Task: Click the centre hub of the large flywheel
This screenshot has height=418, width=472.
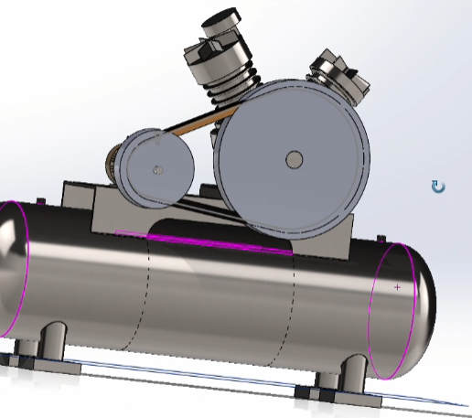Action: pyautogui.click(x=294, y=159)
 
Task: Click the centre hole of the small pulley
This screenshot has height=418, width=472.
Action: pyautogui.click(x=159, y=169)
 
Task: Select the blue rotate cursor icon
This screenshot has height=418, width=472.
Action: pyautogui.click(x=438, y=188)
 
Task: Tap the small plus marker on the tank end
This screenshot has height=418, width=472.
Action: pyautogui.click(x=397, y=287)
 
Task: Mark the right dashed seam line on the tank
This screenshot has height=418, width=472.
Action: pyautogui.click(x=295, y=302)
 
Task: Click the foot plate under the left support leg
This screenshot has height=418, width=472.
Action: pyautogui.click(x=37, y=360)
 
